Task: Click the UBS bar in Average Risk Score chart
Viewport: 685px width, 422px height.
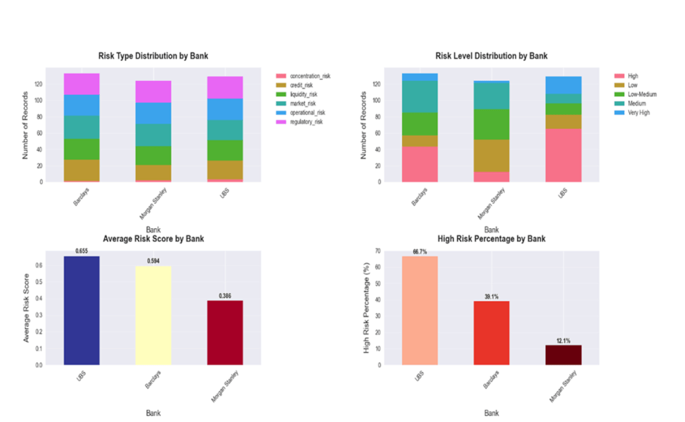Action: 81,310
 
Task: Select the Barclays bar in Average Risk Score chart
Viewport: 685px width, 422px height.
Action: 153,315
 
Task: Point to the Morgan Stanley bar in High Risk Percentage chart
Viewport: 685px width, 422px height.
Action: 563,354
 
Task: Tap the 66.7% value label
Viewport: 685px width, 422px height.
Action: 419,251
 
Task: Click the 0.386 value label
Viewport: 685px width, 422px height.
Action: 224,295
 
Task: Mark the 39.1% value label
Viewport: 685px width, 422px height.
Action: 492,296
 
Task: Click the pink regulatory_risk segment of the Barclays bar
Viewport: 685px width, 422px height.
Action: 81,84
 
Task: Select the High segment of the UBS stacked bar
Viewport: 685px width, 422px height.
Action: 563,155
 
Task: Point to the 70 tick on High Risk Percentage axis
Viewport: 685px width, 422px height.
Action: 377,251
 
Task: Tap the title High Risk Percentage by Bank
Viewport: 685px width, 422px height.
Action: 491,239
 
